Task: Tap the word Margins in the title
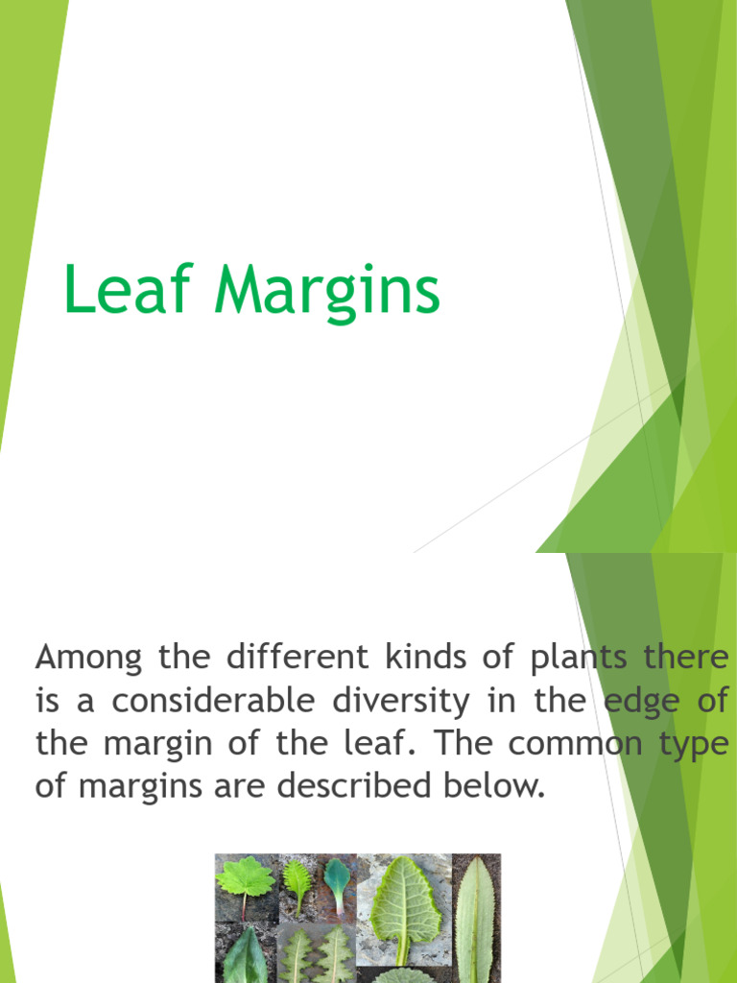tap(327, 294)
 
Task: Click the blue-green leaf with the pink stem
tap(337, 877)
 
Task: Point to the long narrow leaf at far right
tap(475, 922)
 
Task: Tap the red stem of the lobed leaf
tap(245, 906)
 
